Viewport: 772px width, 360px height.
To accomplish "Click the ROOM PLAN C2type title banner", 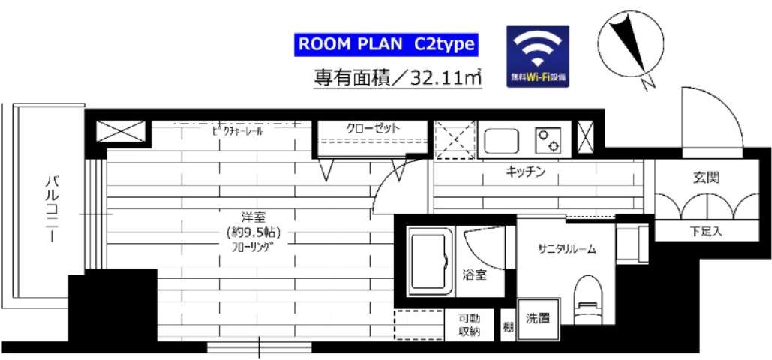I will tap(386, 43).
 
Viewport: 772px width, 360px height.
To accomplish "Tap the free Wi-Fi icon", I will tap(537, 56).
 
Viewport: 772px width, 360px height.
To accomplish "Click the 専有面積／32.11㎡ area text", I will tap(397, 76).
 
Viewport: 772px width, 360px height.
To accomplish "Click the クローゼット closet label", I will tap(373, 128).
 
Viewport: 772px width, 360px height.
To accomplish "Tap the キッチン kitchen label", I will tap(524, 172).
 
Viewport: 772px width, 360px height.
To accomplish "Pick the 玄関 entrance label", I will tap(707, 178).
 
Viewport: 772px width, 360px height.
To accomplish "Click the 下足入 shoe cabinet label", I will tap(706, 232).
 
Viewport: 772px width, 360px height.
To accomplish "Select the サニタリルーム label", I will tap(566, 249).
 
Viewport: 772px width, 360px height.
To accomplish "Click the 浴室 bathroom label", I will tap(474, 274).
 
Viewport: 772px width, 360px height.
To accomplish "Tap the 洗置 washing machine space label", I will tap(537, 318).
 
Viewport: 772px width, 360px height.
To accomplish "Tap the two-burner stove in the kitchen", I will tap(548, 139).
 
